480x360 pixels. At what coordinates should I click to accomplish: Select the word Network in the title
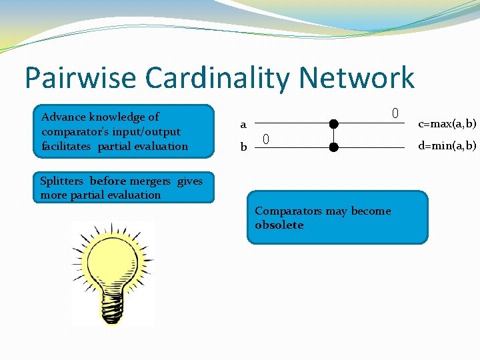[357, 79]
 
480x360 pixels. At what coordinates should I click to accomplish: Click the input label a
[243, 125]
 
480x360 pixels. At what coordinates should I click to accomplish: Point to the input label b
[243, 147]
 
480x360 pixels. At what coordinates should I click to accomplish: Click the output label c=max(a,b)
[447, 124]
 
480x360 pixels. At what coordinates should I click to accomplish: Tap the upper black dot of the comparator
[333, 123]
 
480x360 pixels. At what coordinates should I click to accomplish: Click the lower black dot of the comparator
[333, 146]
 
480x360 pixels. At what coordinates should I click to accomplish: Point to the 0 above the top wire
[395, 113]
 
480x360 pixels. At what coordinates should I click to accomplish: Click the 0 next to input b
[265, 139]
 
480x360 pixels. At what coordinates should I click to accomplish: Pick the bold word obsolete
[279, 225]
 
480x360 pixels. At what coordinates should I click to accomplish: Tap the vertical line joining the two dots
[333, 135]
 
